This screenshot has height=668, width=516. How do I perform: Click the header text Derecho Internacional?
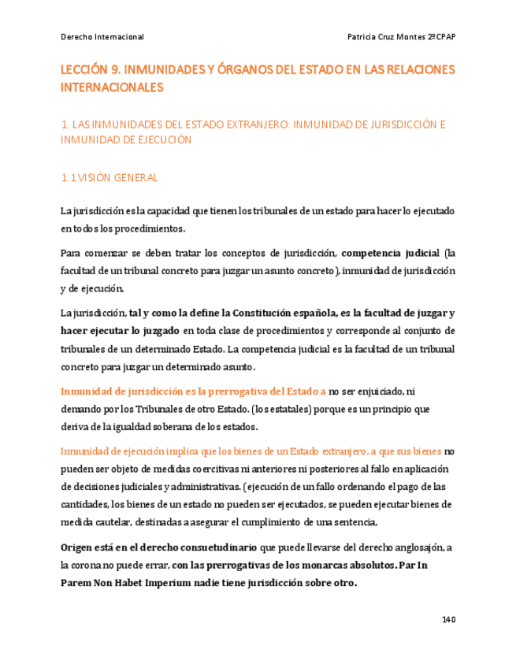pos(102,37)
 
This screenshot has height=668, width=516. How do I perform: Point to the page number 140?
pos(448,619)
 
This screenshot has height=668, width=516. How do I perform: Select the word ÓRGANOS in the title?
pos(240,71)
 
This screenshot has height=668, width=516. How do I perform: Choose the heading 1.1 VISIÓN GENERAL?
pos(110,178)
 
